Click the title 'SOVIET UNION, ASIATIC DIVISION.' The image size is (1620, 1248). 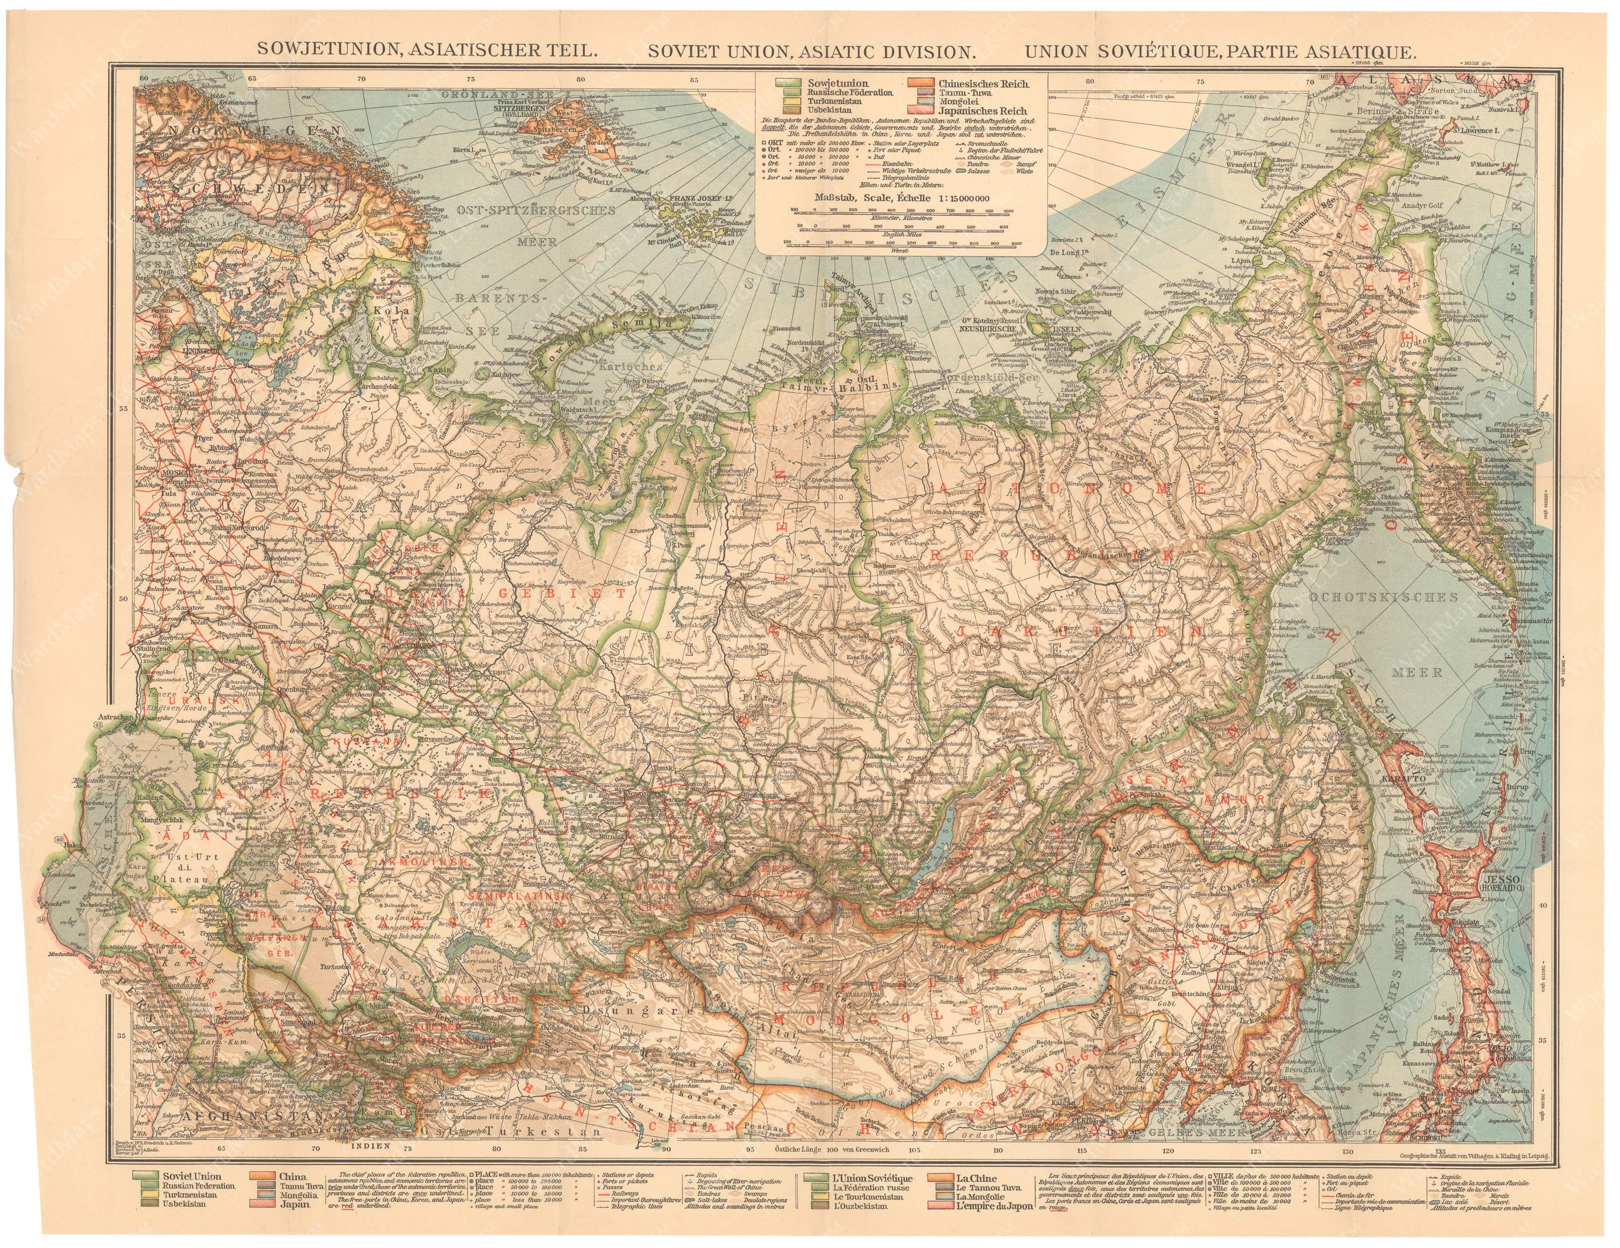(x=810, y=50)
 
